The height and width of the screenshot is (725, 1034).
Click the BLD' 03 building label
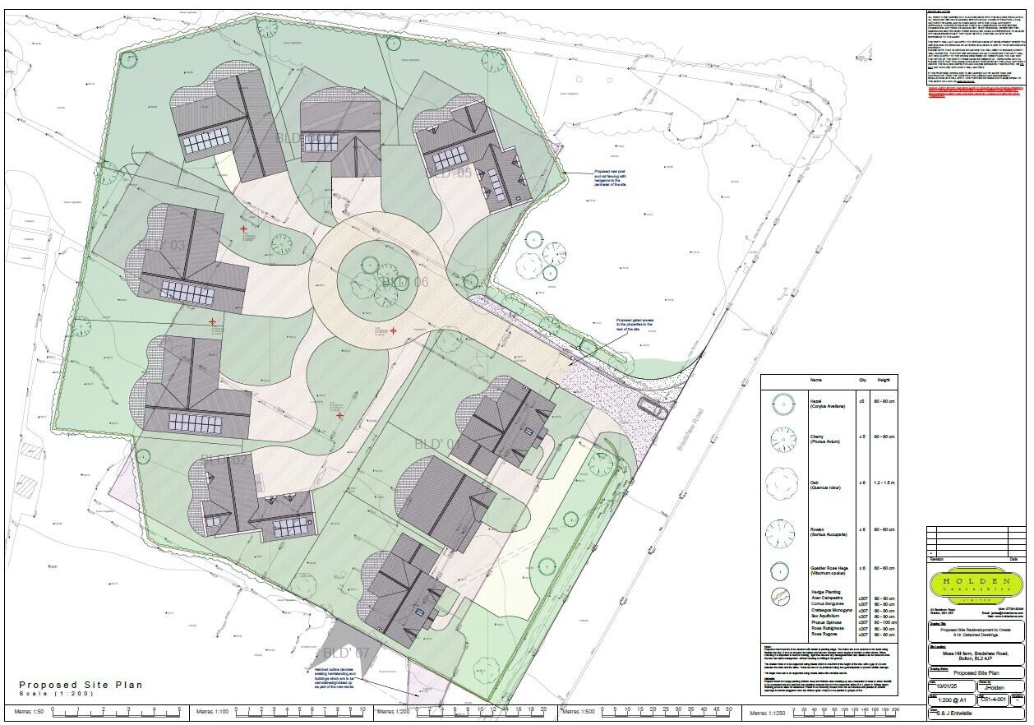164,245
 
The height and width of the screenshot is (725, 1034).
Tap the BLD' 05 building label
451,173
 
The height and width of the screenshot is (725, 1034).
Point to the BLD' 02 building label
224,459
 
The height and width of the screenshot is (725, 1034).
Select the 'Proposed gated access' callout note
634,325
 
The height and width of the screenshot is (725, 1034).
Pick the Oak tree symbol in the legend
783,484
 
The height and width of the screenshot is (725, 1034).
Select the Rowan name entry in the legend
815,529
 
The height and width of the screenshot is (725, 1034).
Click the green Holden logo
976,585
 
